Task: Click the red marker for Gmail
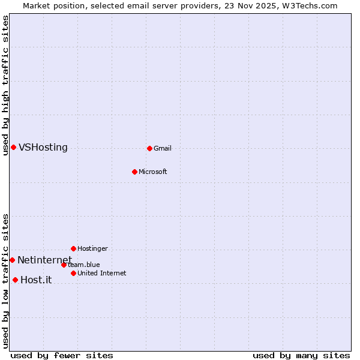[x=149, y=148]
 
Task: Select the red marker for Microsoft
[x=134, y=172]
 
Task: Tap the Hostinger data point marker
[x=73, y=248]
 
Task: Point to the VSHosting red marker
[x=13, y=147]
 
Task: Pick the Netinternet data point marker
[x=12, y=260]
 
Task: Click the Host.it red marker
[x=15, y=280]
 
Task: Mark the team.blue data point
[x=64, y=265]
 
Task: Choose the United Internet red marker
[x=73, y=273]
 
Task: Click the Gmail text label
[x=163, y=148]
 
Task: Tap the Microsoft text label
[x=153, y=172]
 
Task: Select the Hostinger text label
[x=92, y=248]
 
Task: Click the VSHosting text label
[x=43, y=148]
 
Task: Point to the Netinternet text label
[x=44, y=260]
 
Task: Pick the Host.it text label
[x=36, y=280]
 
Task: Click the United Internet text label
[x=102, y=273]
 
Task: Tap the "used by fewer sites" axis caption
[x=62, y=355]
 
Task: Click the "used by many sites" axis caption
[x=301, y=355]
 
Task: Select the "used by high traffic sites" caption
[x=5, y=85]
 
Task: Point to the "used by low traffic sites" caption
[x=5, y=280]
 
